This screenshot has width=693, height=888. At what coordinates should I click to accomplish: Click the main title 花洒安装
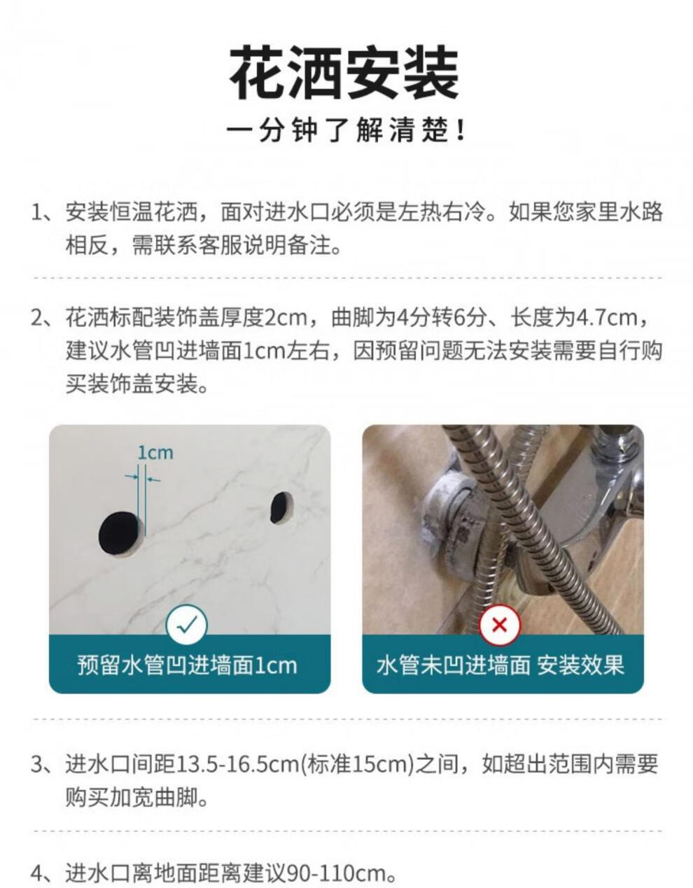344,73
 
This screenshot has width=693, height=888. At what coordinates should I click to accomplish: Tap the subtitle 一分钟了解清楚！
346,130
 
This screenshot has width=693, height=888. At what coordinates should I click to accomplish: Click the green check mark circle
187,625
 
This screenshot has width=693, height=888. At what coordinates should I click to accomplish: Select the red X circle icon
499,625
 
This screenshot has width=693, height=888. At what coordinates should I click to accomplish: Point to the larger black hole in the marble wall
118,532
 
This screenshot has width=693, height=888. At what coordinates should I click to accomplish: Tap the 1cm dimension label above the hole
155,452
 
